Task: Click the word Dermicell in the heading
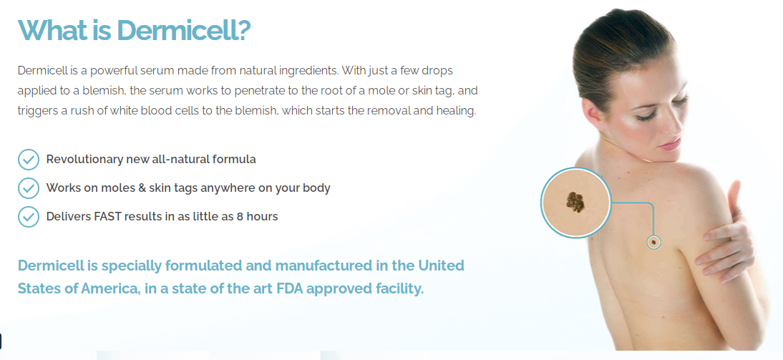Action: point(177,31)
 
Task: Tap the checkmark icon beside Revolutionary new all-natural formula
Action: point(29,160)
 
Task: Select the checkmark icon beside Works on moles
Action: point(29,188)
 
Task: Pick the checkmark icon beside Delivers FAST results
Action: point(29,217)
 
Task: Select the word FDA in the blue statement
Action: point(288,288)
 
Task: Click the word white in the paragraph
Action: point(170,110)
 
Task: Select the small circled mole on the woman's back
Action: point(653,242)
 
